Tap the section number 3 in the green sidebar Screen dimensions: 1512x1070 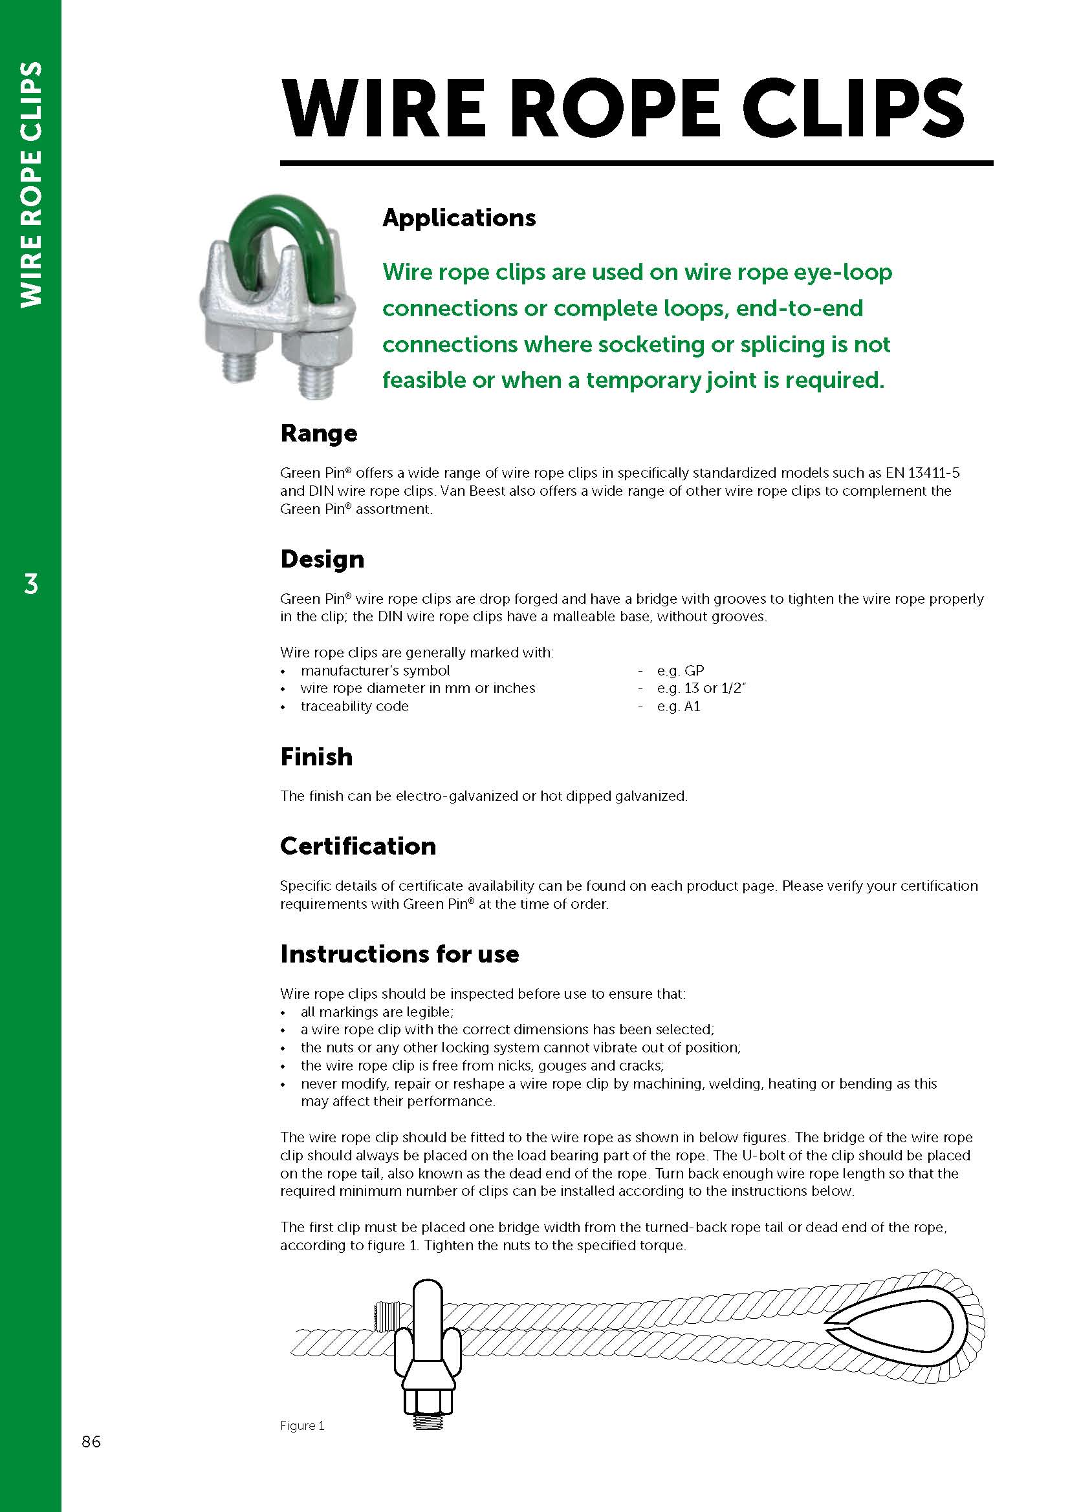tap(31, 584)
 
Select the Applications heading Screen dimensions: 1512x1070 tap(459, 218)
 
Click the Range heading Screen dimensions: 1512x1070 tap(318, 433)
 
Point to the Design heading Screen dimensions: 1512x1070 tap(322, 559)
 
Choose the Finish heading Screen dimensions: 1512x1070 tap(316, 757)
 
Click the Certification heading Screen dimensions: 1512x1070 tap(358, 846)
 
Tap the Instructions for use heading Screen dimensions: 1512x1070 tap(399, 953)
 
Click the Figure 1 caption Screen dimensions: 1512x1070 tap(301, 1426)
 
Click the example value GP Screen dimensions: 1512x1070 tap(693, 670)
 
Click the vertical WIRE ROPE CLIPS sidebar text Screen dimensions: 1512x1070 tap(31, 184)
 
